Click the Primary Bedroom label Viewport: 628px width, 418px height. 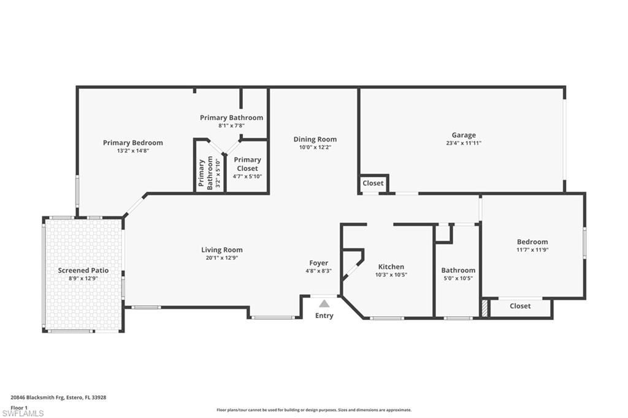[x=132, y=143]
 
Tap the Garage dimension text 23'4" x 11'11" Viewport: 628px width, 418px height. [x=464, y=143]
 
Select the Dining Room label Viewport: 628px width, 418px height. [x=315, y=139]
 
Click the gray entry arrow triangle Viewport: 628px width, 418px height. [x=324, y=303]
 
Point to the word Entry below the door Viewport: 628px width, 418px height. [x=324, y=316]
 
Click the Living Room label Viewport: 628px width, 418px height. [x=221, y=249]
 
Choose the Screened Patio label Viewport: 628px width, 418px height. [x=83, y=270]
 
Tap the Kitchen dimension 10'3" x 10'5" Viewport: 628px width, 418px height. [x=391, y=275]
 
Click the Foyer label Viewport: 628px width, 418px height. [x=318, y=263]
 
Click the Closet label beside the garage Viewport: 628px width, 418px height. [x=373, y=183]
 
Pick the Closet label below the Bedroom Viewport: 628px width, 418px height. [x=520, y=306]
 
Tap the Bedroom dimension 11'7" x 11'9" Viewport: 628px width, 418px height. [x=532, y=249]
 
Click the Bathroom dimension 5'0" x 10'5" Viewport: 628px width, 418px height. [x=458, y=278]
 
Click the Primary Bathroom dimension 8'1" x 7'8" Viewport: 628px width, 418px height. [x=231, y=126]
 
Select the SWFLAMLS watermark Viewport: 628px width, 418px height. [x=23, y=413]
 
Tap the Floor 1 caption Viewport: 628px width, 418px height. [x=20, y=407]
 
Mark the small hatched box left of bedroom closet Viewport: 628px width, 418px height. [x=485, y=307]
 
